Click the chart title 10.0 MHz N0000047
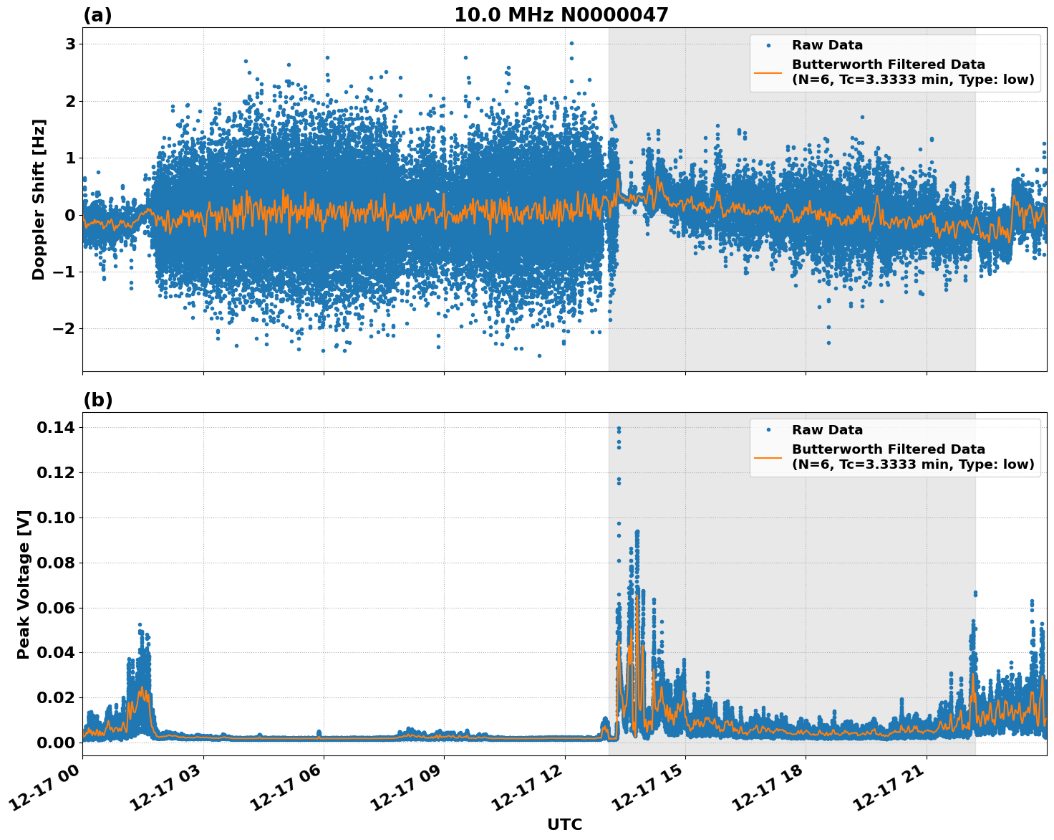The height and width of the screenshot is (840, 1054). coord(561,15)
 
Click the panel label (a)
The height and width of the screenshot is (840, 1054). coord(97,15)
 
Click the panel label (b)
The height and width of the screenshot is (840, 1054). coord(97,400)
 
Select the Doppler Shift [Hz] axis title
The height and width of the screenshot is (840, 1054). coord(39,199)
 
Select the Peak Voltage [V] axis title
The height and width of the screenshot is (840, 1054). coord(24,584)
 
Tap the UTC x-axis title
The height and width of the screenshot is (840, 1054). coord(564,824)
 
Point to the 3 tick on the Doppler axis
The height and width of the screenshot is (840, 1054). coord(70,44)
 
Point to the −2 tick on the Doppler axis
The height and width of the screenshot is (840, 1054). coord(65,329)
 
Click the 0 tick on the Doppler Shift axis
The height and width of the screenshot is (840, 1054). coord(70,215)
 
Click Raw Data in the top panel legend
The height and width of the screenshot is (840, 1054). coord(827,46)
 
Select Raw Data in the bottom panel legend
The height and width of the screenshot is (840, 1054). coord(827,430)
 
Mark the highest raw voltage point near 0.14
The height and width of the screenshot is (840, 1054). coord(619,429)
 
